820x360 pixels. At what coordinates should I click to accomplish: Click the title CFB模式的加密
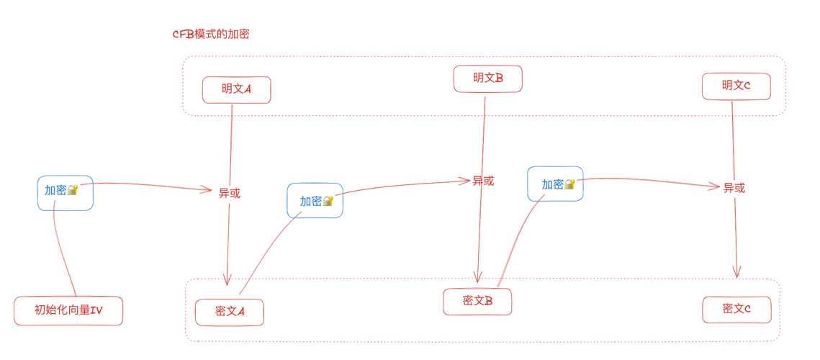211,34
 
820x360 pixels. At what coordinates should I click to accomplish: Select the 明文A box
236,90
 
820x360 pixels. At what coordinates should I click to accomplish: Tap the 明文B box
487,78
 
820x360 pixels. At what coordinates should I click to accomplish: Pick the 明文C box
736,86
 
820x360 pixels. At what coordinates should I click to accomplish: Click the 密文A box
230,312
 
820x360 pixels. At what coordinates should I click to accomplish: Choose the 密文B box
477,302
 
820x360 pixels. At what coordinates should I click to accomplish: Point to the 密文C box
736,310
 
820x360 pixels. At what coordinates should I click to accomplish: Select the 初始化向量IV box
68,311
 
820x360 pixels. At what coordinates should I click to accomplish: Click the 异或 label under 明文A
230,193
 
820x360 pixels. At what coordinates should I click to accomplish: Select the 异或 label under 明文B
483,181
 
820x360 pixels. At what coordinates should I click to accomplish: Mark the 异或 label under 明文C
734,188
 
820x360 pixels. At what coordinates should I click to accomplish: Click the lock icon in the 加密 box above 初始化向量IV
72,190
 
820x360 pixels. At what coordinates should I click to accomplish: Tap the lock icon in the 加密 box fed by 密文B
569,184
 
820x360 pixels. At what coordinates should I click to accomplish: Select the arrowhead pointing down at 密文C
736,272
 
